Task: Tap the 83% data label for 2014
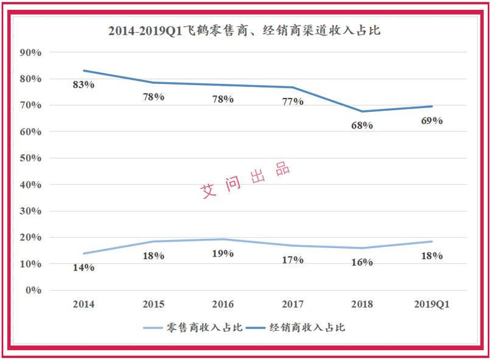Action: (83, 85)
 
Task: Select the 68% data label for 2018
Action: (362, 125)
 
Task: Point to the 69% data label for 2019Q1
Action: (432, 120)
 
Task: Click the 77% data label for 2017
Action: (293, 102)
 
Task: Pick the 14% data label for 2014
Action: (83, 268)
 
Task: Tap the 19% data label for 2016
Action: (223, 253)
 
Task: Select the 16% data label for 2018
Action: (362, 262)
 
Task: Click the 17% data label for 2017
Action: (293, 260)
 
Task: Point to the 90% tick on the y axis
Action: (30, 53)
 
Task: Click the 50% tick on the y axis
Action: (30, 158)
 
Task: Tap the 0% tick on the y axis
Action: (32, 290)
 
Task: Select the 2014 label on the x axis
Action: (83, 304)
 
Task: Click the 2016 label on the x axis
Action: (223, 304)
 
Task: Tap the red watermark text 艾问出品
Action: (246, 180)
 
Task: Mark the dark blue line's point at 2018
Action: (362, 111)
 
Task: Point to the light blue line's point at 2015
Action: (153, 241)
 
